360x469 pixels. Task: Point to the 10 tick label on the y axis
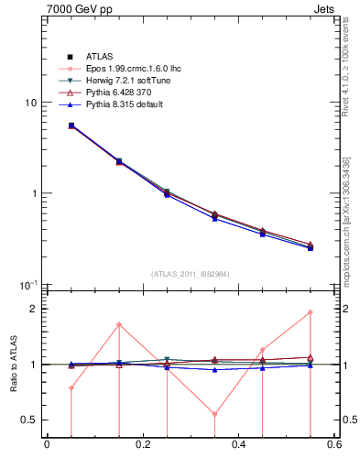pyautogui.click(x=30, y=103)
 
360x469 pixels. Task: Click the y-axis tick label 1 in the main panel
pyautogui.click(x=34, y=193)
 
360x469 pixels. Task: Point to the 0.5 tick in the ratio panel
pyautogui.click(x=29, y=420)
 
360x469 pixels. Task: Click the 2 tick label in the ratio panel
pyautogui.click(x=34, y=309)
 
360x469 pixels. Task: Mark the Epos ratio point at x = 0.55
pyautogui.click(x=311, y=312)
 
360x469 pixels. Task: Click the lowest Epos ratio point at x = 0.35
pyautogui.click(x=214, y=414)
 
